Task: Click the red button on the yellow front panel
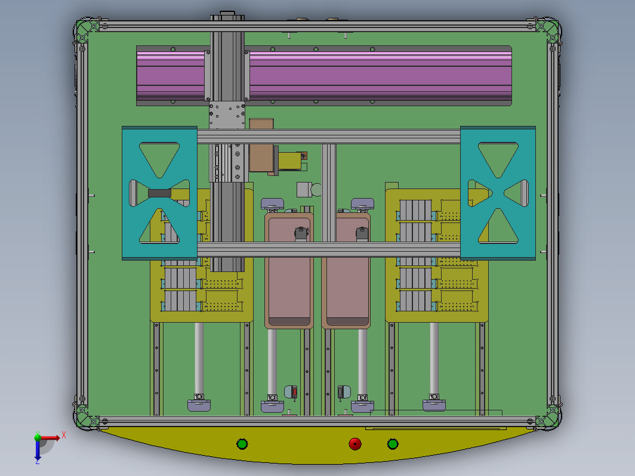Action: click(355, 444)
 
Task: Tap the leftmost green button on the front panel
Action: click(242, 444)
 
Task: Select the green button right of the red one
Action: click(393, 444)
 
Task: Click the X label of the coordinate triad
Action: click(64, 435)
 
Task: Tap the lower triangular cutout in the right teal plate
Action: click(498, 226)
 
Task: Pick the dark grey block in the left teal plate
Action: click(159, 193)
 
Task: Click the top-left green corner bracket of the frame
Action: click(88, 30)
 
